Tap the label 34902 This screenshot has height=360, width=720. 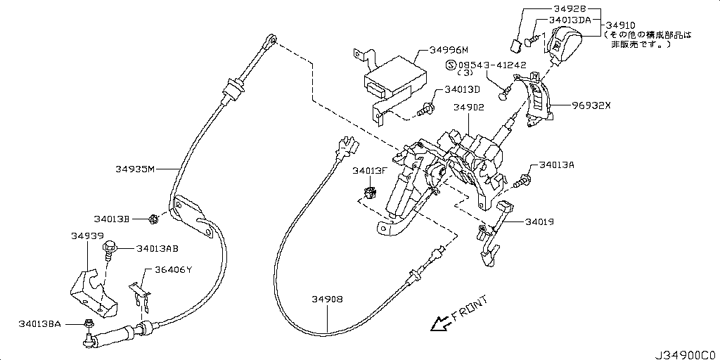468,108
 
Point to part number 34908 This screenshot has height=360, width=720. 328,299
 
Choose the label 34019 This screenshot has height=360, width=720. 539,221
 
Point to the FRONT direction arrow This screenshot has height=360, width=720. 441,323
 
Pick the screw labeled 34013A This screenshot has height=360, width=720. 521,181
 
